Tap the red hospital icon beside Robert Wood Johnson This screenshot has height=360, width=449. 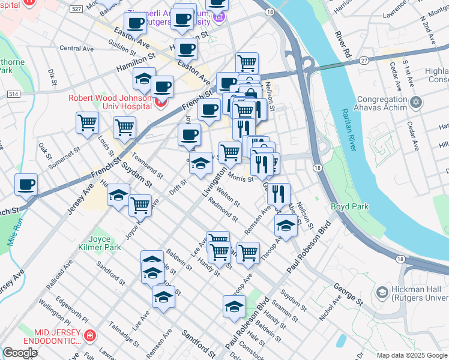[159, 103]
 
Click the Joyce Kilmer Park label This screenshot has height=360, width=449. [99, 251]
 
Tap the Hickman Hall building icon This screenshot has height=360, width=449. [382, 292]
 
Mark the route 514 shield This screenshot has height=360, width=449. [14, 94]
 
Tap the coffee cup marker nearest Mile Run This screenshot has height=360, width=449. [26, 185]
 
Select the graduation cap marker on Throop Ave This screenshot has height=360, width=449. [286, 227]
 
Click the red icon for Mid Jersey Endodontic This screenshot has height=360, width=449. [90, 335]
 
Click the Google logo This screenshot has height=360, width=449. [20, 353]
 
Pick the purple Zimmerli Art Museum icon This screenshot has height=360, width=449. [220, 17]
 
